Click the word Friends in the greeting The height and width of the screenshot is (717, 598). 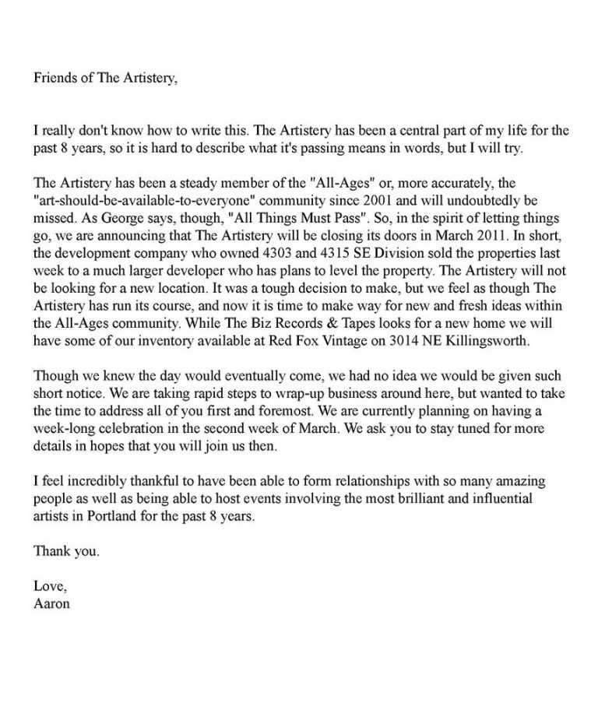(55, 78)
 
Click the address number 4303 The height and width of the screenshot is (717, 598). (286, 253)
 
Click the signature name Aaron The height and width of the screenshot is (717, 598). (51, 603)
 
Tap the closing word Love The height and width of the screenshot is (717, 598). (49, 586)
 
